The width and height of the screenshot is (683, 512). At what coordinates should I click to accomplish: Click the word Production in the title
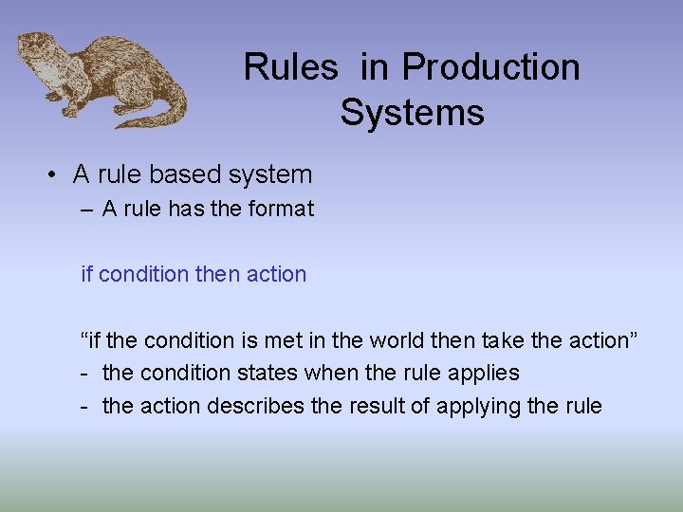click(x=490, y=67)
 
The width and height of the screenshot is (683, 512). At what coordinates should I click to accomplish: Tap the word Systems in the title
click(x=412, y=113)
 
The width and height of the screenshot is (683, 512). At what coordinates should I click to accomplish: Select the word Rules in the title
click(x=290, y=67)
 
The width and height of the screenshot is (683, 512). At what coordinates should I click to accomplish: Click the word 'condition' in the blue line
click(x=143, y=274)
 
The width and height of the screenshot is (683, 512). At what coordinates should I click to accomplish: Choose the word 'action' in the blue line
click(x=276, y=274)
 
